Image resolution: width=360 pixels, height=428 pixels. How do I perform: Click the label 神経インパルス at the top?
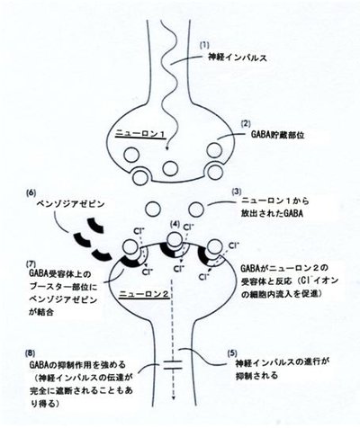[238, 58]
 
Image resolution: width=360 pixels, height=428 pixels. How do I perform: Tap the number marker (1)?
[204, 45]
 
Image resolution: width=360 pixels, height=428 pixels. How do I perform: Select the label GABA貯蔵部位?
[277, 135]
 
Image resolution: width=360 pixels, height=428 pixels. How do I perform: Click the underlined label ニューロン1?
[140, 134]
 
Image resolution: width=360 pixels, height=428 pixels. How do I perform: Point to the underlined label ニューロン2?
[145, 295]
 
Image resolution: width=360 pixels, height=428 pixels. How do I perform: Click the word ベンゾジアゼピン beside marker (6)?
[70, 204]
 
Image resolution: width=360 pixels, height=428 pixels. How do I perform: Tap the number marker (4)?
[175, 224]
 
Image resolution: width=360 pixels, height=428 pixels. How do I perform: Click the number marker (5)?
[232, 353]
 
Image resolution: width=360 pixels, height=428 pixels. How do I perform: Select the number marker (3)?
[237, 192]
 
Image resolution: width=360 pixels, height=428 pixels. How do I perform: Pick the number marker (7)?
[31, 263]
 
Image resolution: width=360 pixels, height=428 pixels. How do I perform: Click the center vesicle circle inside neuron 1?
[170, 168]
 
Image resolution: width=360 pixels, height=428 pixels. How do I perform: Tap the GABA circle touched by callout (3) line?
[196, 209]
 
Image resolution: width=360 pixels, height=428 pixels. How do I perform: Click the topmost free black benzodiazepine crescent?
[95, 226]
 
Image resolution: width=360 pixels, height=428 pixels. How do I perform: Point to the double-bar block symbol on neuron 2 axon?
[173, 364]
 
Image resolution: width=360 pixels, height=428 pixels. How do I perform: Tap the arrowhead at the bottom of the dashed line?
[173, 397]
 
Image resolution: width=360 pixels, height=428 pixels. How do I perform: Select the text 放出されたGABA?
[272, 214]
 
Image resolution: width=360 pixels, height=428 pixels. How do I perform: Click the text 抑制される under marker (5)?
[257, 375]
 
